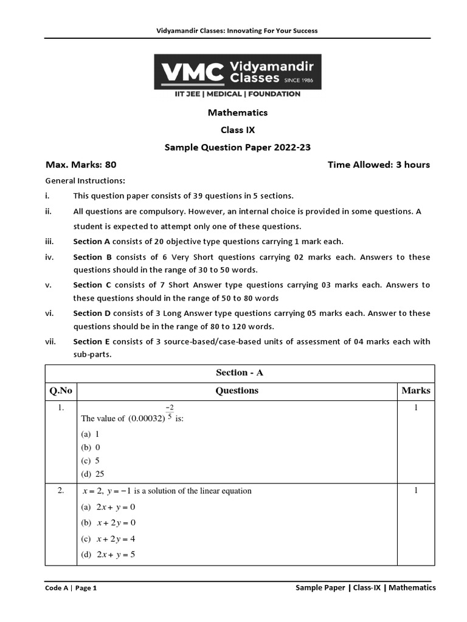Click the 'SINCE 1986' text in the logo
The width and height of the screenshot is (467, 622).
(x=299, y=78)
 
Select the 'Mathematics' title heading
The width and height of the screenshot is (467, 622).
(x=237, y=112)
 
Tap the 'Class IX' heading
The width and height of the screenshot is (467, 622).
(x=237, y=130)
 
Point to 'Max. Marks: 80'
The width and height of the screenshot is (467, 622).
(x=81, y=165)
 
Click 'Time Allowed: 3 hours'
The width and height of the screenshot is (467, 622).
(x=378, y=165)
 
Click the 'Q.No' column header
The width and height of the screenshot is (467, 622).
(x=61, y=391)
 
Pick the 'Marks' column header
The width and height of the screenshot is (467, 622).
(x=415, y=391)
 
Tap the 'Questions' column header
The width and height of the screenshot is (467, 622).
(x=237, y=391)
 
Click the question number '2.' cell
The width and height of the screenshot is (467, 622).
(x=61, y=491)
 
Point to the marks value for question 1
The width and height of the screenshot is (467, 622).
(x=416, y=408)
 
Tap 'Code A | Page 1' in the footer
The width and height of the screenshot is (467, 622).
(x=71, y=588)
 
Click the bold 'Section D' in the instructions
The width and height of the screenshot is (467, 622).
(x=91, y=313)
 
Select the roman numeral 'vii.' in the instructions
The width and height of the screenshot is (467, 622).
(x=51, y=341)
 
